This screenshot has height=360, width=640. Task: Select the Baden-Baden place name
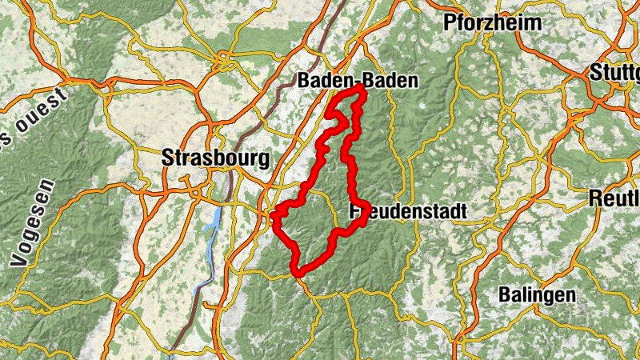point(358,81)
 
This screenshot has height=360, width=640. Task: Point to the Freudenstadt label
point(408,211)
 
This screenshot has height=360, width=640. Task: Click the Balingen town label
point(537,294)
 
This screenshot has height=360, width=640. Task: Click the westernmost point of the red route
point(274,215)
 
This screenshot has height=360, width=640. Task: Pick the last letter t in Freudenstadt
point(463,211)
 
